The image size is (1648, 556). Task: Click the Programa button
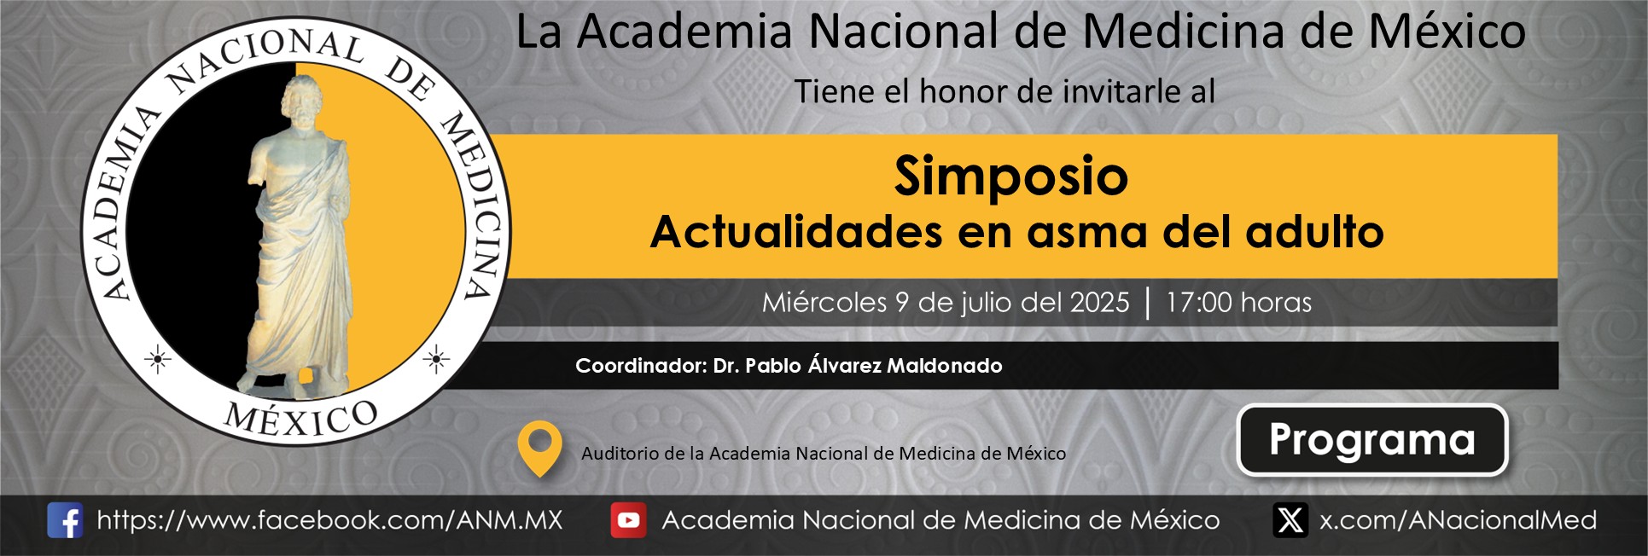pos(1372,440)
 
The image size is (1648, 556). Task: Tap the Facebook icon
pos(65,520)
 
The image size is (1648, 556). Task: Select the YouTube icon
pos(628,520)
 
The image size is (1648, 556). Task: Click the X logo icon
pos(1290,520)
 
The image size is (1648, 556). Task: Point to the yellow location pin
pos(539,448)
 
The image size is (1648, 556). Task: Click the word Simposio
pos(1011,177)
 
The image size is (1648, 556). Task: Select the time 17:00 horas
pos(1238,302)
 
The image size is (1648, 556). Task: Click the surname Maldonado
pos(945,366)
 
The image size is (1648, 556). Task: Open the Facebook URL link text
pos(329,520)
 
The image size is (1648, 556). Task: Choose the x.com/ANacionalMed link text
pos(1458,520)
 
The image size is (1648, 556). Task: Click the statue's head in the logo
pos(302,101)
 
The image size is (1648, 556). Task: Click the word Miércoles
pos(824,302)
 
